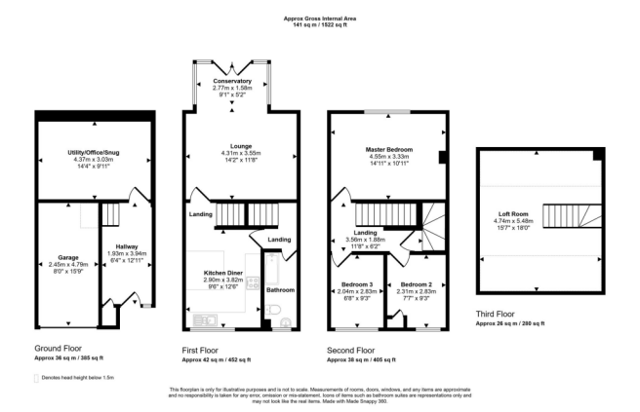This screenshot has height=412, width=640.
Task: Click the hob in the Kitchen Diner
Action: coord(253,284)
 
